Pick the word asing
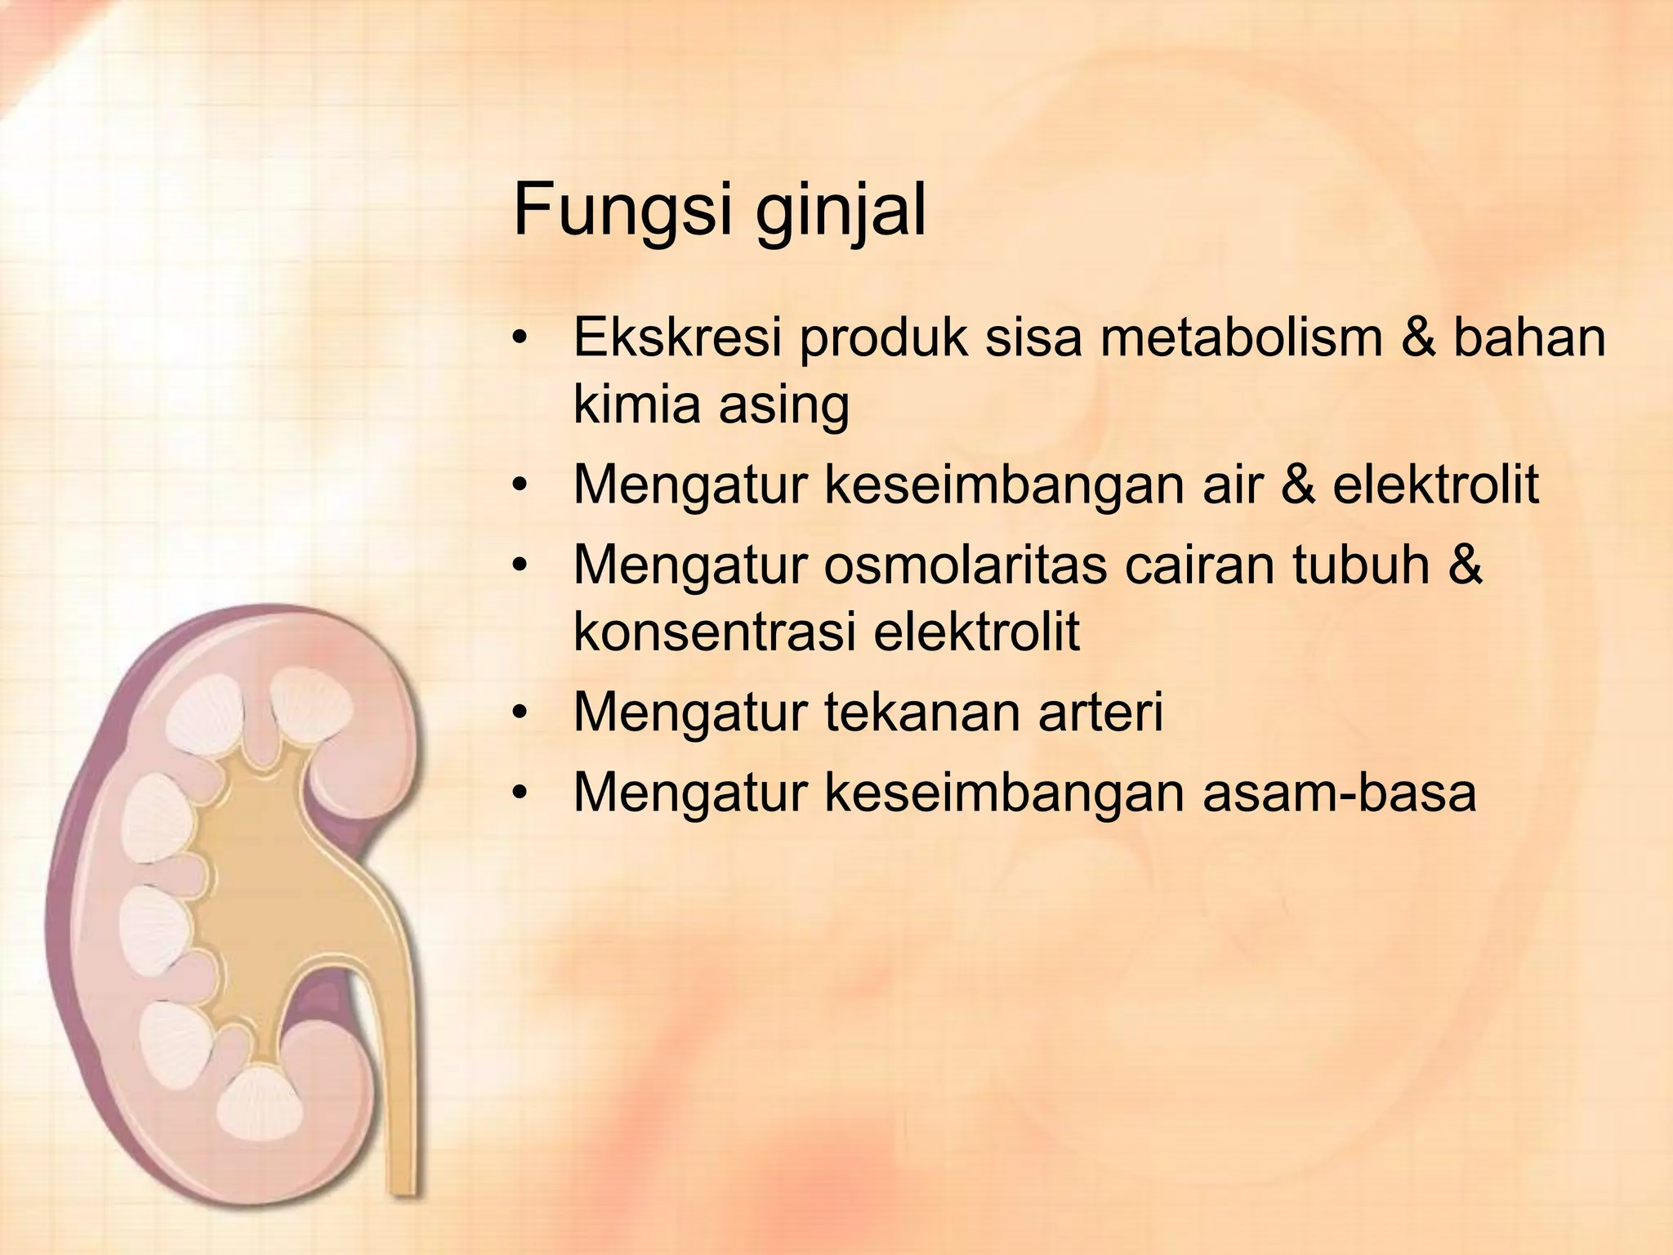tap(784, 404)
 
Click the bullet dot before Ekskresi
tap(520, 338)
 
